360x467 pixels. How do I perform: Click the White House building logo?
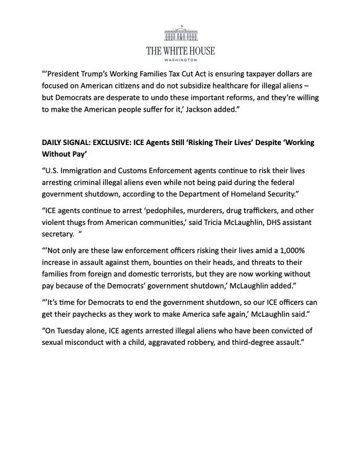(180, 34)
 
